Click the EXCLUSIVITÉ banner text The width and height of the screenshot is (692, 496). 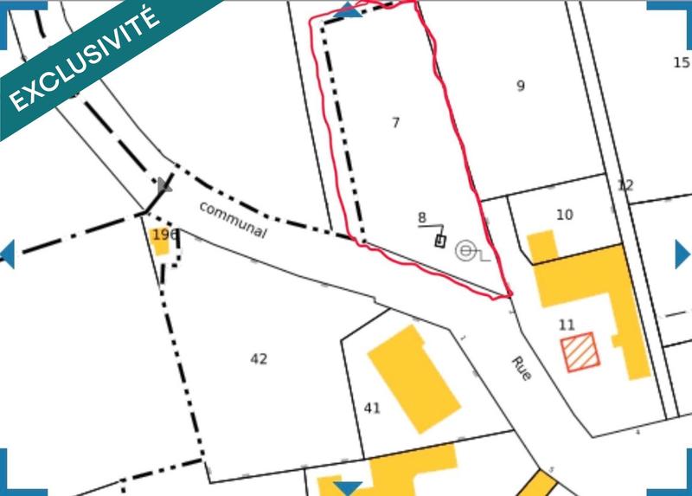pyautogui.click(x=85, y=59)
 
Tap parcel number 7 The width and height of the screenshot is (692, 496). pyautogui.click(x=396, y=123)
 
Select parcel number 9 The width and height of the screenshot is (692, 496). pyautogui.click(x=521, y=85)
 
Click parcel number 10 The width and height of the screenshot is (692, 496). pyautogui.click(x=565, y=215)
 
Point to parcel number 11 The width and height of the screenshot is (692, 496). pyautogui.click(x=567, y=325)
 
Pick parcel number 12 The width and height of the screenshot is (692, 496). pyautogui.click(x=625, y=184)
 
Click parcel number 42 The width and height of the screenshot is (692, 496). pyautogui.click(x=259, y=359)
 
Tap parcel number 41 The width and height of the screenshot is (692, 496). pyautogui.click(x=373, y=408)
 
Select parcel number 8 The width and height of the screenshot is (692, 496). pyautogui.click(x=422, y=217)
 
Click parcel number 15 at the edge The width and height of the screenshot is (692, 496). pyautogui.click(x=682, y=62)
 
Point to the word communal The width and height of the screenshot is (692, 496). pyautogui.click(x=233, y=220)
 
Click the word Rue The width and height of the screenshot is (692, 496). pyautogui.click(x=521, y=369)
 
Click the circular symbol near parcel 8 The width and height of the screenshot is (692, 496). pyautogui.click(x=465, y=251)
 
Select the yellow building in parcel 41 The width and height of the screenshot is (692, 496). pyautogui.click(x=413, y=378)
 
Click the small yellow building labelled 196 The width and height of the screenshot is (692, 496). pyautogui.click(x=161, y=240)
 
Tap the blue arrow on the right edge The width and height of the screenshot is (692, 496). pyautogui.click(x=682, y=254)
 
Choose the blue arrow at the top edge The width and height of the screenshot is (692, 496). pyautogui.click(x=348, y=10)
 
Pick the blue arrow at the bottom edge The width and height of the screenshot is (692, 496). pyautogui.click(x=348, y=488)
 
